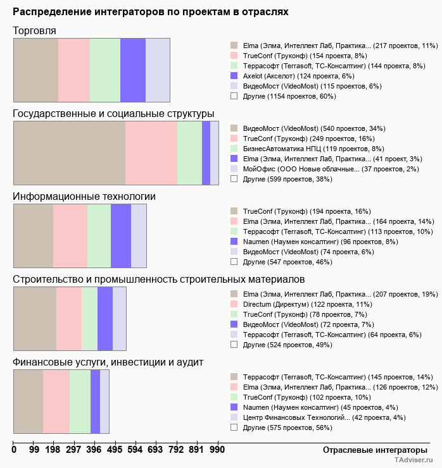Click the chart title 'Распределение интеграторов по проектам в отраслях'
151,11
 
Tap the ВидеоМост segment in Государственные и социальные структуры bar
69,153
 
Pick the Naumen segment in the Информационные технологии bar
121,236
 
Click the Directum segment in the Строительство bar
69,318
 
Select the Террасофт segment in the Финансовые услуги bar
28,401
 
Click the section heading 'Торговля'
34,30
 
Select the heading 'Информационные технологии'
84,196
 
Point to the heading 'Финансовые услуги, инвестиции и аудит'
108,362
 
